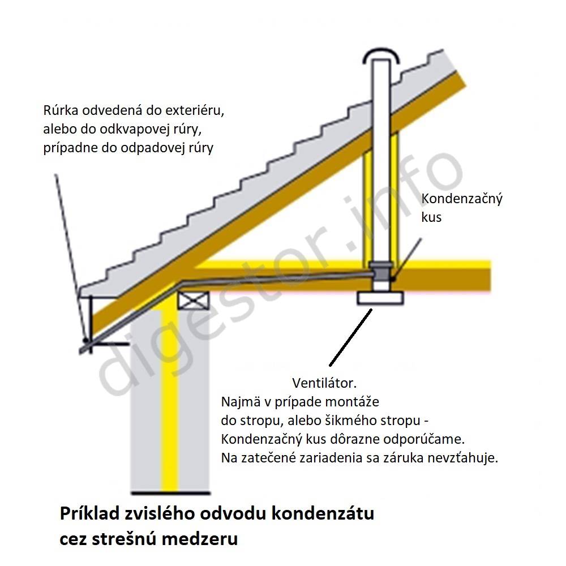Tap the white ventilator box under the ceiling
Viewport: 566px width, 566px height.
point(380,298)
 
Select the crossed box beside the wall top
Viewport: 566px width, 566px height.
point(194,301)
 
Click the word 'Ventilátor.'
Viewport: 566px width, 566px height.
point(324,383)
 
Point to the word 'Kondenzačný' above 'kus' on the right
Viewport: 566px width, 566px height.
point(462,199)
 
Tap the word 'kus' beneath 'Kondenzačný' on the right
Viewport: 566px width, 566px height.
point(431,217)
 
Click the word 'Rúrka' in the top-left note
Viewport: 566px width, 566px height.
point(61,110)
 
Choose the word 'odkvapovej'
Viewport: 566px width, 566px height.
point(134,129)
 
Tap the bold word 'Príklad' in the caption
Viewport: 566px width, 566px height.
point(89,513)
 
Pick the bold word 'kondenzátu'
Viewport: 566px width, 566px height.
point(323,513)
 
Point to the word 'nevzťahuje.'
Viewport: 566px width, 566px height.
point(463,458)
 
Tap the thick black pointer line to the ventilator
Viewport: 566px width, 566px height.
point(350,337)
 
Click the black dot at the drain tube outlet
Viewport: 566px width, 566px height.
point(85,340)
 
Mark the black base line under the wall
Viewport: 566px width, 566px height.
point(171,493)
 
